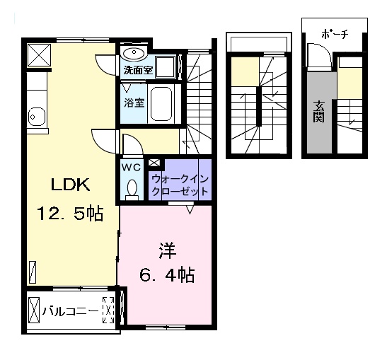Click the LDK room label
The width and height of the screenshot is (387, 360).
coord(69,185)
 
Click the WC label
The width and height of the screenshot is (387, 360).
coord(131,168)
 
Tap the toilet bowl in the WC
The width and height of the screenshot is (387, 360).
coord(132,188)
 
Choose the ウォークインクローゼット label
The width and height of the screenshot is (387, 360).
coord(180,185)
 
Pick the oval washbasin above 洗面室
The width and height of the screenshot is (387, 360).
coord(132,54)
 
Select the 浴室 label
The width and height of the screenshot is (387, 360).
coord(134,101)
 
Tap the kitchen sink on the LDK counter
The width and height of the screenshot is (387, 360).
coord(33,117)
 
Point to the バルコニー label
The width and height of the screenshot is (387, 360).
coord(71,310)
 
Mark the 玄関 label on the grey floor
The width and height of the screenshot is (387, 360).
coord(318,110)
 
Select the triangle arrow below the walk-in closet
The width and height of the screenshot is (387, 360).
coord(190,209)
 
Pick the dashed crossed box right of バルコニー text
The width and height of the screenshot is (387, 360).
coord(109,310)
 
